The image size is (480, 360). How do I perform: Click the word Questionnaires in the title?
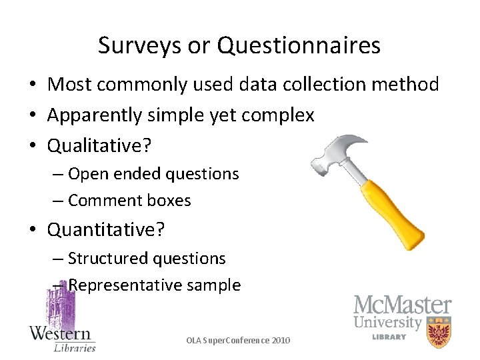click(x=299, y=45)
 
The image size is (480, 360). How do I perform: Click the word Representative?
click(x=116, y=285)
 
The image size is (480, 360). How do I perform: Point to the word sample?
click(x=213, y=285)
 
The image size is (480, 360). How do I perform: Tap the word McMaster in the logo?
click(x=402, y=305)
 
